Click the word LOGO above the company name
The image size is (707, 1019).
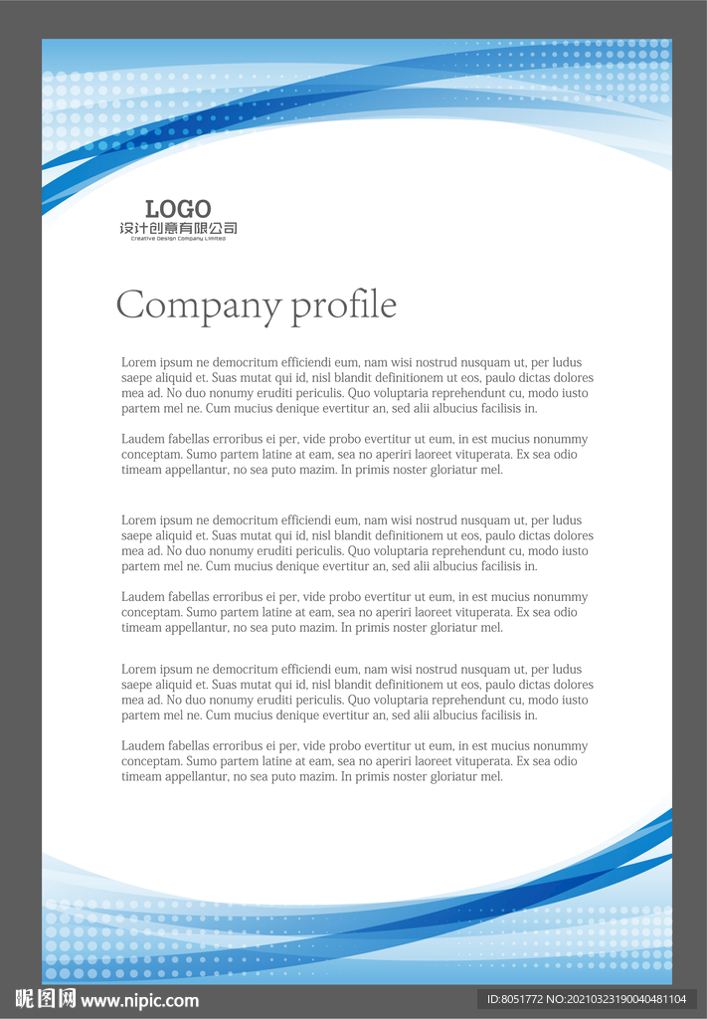[178, 209]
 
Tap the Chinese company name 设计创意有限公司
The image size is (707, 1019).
[178, 229]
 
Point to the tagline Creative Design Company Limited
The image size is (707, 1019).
[178, 239]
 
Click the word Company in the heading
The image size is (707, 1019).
[199, 305]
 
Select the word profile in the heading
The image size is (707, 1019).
[343, 306]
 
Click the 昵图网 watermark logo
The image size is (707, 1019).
[45, 999]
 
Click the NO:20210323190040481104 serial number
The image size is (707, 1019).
[620, 999]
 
